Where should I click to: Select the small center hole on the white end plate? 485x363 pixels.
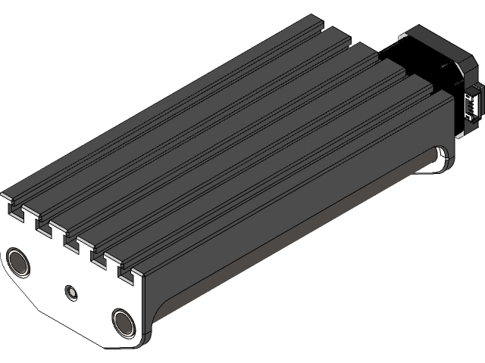pyautogui.click(x=72, y=290)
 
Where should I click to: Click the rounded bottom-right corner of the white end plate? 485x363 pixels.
pyautogui.click(x=144, y=333)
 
